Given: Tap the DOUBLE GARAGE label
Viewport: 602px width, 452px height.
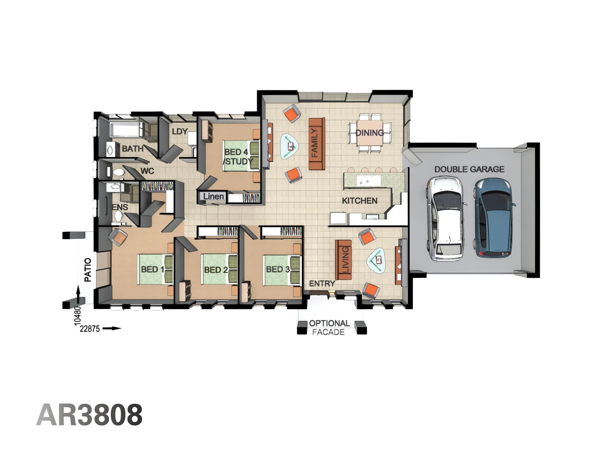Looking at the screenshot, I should [469, 169].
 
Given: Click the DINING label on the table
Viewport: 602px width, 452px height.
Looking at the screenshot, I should [370, 133].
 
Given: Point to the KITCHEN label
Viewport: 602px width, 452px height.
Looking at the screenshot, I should [360, 201].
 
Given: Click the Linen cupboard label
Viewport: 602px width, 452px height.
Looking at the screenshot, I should [213, 196].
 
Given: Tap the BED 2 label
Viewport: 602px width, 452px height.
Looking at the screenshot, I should [216, 270].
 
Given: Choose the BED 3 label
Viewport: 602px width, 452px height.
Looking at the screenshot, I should [278, 270].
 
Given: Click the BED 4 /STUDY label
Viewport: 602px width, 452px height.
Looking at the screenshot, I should [238, 157].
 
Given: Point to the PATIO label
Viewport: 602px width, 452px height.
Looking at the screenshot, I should [88, 270].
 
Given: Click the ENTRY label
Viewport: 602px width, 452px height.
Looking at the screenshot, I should [322, 283].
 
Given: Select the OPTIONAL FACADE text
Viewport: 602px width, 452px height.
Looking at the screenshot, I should [329, 328].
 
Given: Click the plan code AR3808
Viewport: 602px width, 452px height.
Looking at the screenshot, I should [89, 415].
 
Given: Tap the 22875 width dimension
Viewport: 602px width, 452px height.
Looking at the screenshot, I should [90, 329].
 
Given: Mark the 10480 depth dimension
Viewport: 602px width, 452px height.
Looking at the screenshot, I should [77, 315].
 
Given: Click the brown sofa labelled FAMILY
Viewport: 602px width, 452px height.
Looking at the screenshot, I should [316, 144].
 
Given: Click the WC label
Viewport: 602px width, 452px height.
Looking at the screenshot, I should [147, 171].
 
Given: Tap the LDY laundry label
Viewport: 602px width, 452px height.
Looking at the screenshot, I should [179, 131].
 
